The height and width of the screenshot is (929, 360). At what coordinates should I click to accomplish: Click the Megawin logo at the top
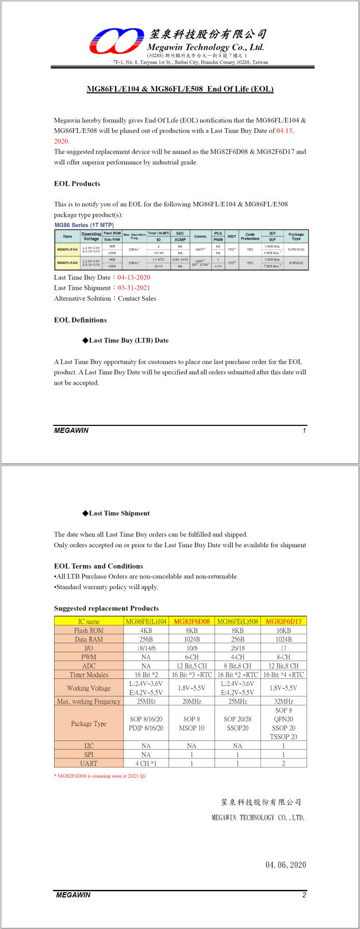click(116, 41)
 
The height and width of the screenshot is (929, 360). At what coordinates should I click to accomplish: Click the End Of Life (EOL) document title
click(180, 89)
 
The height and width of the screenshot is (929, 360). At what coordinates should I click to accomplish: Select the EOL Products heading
click(77, 184)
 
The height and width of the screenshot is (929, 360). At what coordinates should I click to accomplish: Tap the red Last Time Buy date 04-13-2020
click(134, 278)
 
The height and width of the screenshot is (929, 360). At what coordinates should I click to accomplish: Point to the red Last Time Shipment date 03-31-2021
click(134, 288)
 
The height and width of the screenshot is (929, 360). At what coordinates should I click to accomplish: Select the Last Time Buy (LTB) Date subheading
click(128, 340)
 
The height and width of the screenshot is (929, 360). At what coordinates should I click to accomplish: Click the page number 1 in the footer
click(304, 430)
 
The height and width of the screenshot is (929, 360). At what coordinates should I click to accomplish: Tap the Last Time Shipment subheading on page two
click(119, 513)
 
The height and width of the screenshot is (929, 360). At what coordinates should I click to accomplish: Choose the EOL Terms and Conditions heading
click(98, 566)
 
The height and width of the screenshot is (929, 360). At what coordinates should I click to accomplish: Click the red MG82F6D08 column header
click(192, 621)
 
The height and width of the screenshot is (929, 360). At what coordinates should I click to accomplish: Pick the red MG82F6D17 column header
click(284, 621)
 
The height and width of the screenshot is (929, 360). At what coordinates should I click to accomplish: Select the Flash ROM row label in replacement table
click(89, 631)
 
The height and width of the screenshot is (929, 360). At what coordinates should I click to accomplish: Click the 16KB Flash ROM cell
click(284, 631)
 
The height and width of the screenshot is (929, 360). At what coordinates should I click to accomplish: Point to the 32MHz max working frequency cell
click(284, 701)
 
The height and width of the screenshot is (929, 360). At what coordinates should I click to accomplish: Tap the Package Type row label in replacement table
click(89, 724)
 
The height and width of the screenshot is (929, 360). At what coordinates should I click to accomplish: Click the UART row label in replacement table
click(89, 763)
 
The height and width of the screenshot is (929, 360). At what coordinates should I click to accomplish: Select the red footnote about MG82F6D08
click(100, 776)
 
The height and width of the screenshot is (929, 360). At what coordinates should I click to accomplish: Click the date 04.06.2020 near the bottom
click(286, 865)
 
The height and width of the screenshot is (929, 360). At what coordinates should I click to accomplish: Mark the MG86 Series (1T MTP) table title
click(84, 225)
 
